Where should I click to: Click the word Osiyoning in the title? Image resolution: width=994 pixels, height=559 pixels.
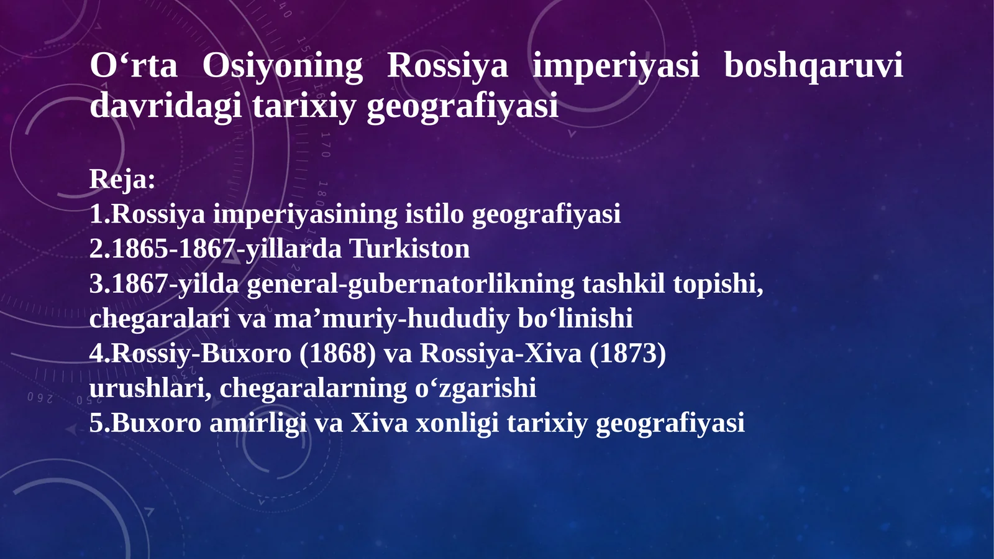(282, 66)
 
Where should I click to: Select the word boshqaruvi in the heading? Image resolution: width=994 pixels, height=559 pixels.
(813, 66)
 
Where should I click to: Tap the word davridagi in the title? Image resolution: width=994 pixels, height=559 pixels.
(165, 106)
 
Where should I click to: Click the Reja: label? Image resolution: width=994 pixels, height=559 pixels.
(122, 179)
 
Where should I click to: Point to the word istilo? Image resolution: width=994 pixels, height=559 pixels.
(434, 214)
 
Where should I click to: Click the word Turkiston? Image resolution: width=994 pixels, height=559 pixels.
(409, 249)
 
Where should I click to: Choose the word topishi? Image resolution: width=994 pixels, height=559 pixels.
(718, 284)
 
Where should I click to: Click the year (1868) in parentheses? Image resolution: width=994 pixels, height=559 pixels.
(337, 353)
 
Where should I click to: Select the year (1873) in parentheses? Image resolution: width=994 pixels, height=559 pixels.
(627, 353)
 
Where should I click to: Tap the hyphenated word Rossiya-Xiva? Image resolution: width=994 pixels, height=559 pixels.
(501, 353)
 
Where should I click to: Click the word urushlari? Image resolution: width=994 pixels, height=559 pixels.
(150, 388)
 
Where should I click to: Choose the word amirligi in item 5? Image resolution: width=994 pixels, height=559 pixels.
(258, 423)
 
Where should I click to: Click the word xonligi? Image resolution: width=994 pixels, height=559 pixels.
(457, 423)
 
